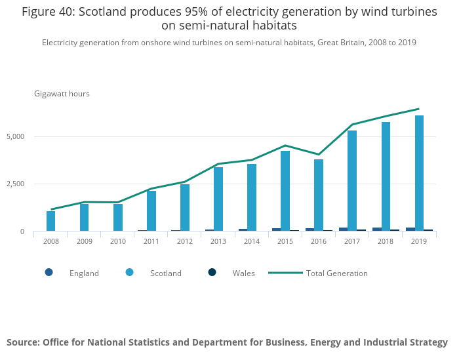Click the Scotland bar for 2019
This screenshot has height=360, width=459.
(x=419, y=174)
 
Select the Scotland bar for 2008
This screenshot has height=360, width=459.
(x=51, y=221)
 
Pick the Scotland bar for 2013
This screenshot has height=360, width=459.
(x=218, y=199)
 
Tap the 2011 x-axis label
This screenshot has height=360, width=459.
(x=151, y=241)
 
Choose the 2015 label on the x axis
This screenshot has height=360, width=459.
(x=285, y=241)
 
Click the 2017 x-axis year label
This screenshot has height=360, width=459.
(x=352, y=241)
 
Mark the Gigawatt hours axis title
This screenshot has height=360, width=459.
(x=62, y=94)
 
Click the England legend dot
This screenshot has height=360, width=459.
(x=49, y=272)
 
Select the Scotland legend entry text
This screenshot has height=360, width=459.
(x=165, y=273)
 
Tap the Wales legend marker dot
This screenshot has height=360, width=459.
(x=212, y=272)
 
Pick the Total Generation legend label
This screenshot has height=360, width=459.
(x=336, y=273)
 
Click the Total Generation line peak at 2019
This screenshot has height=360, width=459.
(x=419, y=109)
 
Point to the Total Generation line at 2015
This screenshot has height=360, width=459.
(x=285, y=146)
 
